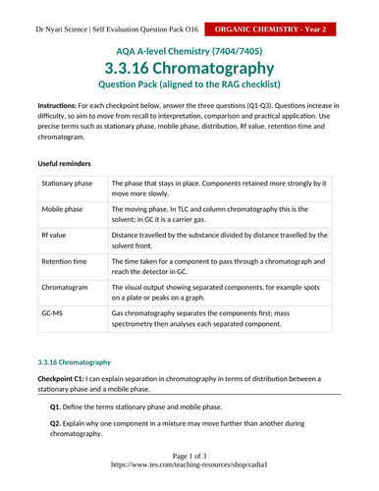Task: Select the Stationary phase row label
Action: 67,184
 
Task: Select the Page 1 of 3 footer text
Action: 189,458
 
